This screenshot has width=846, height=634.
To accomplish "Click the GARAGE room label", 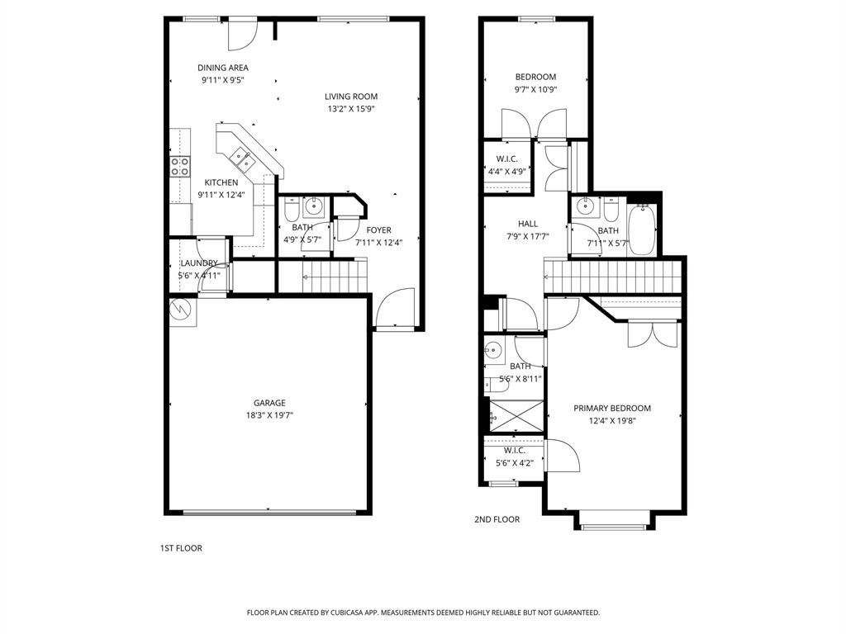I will click(269, 403).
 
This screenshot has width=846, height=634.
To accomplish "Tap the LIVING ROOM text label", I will click(350, 97).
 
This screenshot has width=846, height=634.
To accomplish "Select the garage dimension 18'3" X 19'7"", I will click(269, 415).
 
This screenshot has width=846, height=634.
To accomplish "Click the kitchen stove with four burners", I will click(180, 166).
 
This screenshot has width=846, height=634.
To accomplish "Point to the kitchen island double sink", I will click(241, 155).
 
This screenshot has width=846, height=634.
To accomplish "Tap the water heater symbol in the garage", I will click(180, 310).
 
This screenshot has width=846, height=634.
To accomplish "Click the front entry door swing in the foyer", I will click(393, 310).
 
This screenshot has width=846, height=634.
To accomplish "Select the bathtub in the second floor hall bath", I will click(641, 229).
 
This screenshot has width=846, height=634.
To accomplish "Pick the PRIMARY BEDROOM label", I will click(612, 408).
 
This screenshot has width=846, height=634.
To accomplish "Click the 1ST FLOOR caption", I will click(181, 548).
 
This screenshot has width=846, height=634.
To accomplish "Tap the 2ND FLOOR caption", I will click(497, 519).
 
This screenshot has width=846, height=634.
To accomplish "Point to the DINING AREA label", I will click(222, 68).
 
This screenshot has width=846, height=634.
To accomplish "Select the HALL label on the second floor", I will click(527, 224).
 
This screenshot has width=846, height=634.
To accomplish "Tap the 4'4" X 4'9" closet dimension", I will click(506, 171).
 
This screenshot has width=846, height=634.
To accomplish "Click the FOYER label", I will click(379, 230).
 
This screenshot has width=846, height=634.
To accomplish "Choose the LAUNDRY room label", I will click(198, 263).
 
